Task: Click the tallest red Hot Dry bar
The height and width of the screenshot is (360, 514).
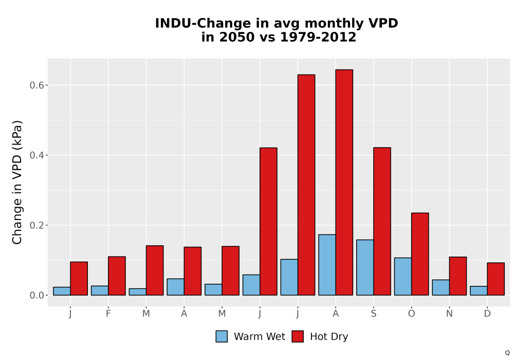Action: tap(344, 182)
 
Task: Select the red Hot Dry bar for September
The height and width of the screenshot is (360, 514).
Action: tap(382, 221)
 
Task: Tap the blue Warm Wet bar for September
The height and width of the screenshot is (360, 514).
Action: tap(365, 267)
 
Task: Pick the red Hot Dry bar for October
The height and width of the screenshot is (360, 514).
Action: tap(420, 254)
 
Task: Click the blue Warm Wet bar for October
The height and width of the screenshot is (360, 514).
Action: tap(403, 276)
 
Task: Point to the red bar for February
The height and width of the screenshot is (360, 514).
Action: tap(117, 276)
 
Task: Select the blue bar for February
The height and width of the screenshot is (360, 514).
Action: tap(100, 291)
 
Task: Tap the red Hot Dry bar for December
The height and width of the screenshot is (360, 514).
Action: tap(495, 279)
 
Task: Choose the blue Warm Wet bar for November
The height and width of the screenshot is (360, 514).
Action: tap(441, 287)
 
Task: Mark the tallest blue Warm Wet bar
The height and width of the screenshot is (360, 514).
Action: tap(327, 265)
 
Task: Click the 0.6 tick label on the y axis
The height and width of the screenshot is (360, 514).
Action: tap(36, 85)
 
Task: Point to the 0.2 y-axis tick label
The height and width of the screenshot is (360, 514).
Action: tap(36, 225)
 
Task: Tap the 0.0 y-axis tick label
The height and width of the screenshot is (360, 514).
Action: tap(36, 295)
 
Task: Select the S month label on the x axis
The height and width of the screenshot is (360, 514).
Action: tap(374, 314)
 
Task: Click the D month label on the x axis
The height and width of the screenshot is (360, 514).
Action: tap(487, 314)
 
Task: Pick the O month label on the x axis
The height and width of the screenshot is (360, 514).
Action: tap(411, 314)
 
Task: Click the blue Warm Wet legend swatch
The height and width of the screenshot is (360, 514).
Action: tap(222, 336)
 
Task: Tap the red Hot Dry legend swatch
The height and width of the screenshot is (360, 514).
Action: tap(298, 336)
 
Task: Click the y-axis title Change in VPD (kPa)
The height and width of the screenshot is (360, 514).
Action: tap(17, 183)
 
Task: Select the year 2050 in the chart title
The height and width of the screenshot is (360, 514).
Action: tap(236, 37)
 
